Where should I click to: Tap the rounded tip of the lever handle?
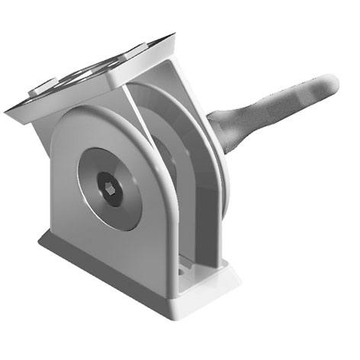[x=327, y=83]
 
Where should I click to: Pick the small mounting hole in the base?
[x=183, y=270]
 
